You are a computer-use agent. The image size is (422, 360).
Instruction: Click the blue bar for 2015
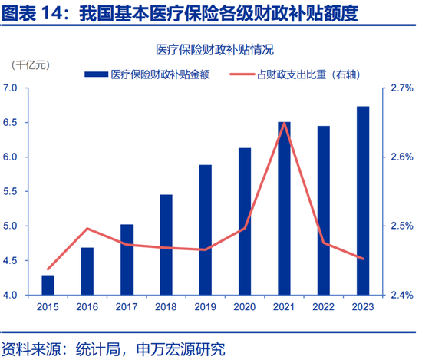point(48,285)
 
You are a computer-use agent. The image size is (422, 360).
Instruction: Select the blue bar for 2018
point(166,245)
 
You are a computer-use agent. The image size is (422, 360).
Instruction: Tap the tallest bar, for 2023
point(364,200)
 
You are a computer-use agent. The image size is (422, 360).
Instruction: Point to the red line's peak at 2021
point(284,123)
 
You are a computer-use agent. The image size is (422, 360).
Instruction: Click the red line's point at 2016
point(87,229)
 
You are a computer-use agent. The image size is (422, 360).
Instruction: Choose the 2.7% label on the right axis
point(401,88)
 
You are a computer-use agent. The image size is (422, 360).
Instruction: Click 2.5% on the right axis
point(401,226)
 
